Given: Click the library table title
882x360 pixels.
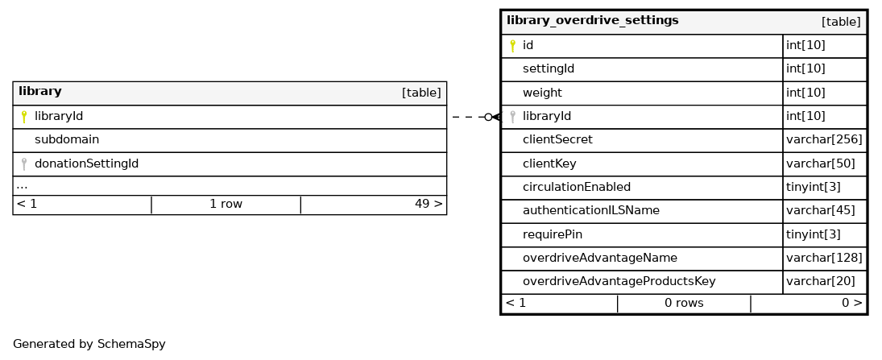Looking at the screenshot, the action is pyautogui.click(x=40, y=91).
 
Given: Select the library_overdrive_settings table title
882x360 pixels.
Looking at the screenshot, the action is pyautogui.click(x=592, y=21).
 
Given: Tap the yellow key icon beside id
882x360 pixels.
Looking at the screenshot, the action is pyautogui.click(x=512, y=46).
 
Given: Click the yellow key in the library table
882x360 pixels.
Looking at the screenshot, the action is pyautogui.click(x=23, y=117).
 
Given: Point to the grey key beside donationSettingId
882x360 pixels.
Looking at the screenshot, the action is pyautogui.click(x=23, y=163).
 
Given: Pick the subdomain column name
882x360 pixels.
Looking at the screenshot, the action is pyautogui.click(x=67, y=139).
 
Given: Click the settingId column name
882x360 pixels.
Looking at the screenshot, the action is pyautogui.click(x=549, y=68).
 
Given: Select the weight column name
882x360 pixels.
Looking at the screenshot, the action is pyautogui.click(x=542, y=93).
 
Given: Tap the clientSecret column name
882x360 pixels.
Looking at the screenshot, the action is pyautogui.click(x=557, y=139).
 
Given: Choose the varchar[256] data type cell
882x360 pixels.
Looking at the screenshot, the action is pyautogui.click(x=824, y=139).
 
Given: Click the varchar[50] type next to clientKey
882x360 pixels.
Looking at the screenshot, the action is pyautogui.click(x=820, y=163).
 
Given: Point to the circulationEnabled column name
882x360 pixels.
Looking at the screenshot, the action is pyautogui.click(x=577, y=187).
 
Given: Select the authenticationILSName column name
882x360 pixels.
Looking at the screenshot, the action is pyautogui.click(x=591, y=210).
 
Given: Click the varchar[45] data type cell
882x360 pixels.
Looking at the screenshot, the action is pyautogui.click(x=820, y=210).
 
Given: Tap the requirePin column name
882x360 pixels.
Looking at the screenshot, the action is pyautogui.click(x=553, y=234).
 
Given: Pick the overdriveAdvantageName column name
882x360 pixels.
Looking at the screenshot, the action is pyautogui.click(x=599, y=259).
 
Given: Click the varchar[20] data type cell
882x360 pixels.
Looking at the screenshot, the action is pyautogui.click(x=820, y=281).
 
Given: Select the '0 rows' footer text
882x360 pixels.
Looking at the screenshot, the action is pyautogui.click(x=684, y=303).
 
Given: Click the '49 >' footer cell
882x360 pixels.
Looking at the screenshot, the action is pyautogui.click(x=429, y=205).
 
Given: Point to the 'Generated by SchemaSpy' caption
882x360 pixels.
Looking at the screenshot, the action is pyautogui.click(x=89, y=344).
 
